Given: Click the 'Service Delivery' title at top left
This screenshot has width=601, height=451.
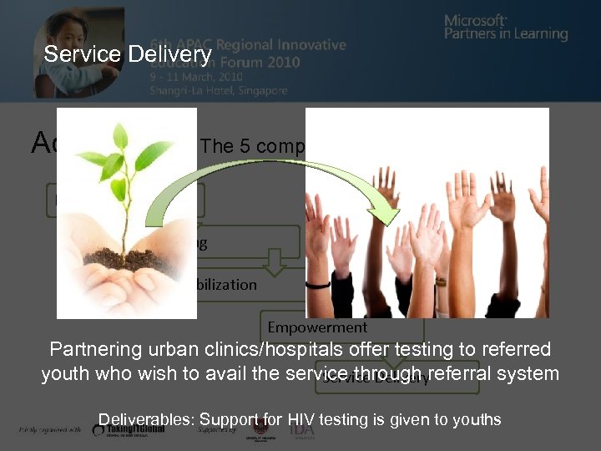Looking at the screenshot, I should click(128, 55).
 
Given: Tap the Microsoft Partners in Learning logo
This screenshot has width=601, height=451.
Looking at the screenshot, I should click(506, 28).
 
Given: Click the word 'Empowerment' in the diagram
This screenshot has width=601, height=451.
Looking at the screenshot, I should click(317, 327).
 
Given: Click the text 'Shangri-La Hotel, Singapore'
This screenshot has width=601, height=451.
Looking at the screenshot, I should click(219, 90).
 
